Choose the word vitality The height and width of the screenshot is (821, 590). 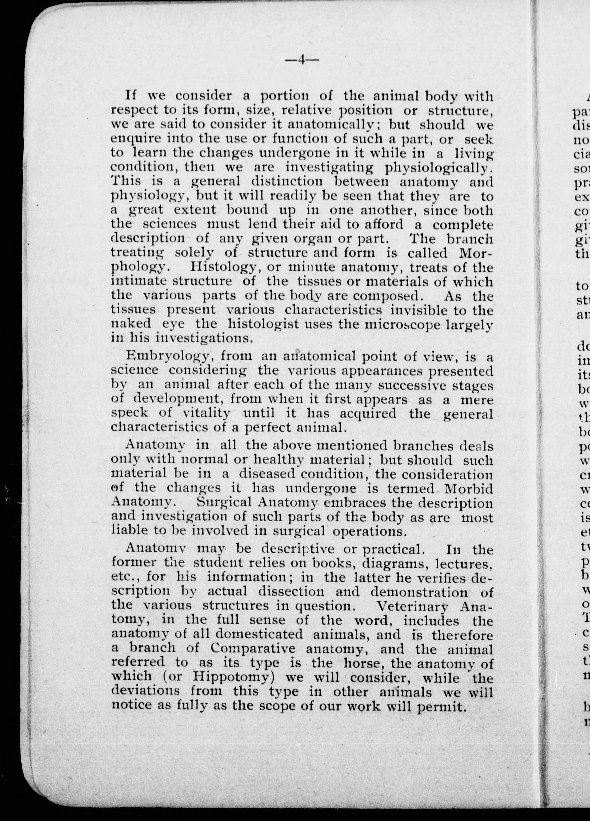pos(207,413)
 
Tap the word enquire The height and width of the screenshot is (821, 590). pos(132,139)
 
